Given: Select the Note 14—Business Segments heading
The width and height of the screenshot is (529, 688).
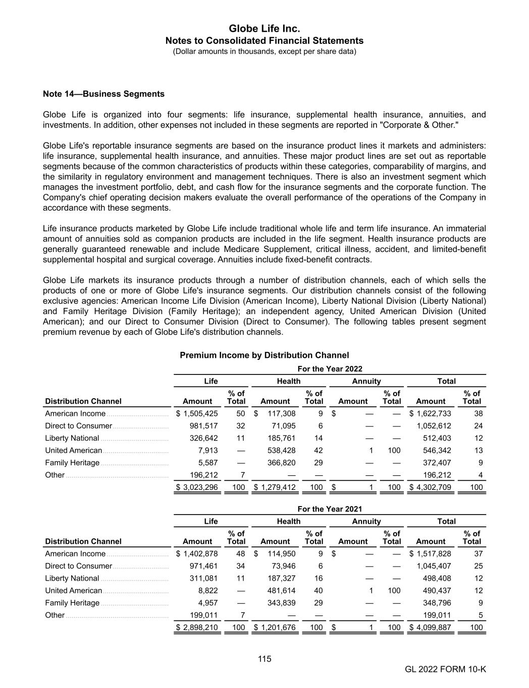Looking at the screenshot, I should click(103, 94).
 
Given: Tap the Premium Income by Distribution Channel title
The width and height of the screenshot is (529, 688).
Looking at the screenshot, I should click(264, 355).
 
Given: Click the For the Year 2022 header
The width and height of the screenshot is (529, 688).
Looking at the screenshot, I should click(330, 369).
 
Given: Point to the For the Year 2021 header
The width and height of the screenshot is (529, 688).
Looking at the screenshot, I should click(330, 509).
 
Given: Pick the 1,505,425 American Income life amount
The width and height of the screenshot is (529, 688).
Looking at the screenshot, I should click(200, 414).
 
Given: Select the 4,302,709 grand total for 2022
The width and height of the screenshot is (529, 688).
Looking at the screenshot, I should click(433, 487).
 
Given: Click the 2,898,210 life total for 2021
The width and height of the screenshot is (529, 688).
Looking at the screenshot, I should click(200, 628).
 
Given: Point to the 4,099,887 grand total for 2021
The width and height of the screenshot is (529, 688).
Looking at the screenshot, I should click(433, 628).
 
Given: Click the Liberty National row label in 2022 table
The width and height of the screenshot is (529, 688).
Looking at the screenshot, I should click(72, 439).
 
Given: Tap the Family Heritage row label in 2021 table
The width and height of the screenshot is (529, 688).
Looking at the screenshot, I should click(72, 603).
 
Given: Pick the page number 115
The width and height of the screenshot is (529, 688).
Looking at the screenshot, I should click(264, 659).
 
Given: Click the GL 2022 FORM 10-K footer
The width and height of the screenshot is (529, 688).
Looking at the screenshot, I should click(445, 669).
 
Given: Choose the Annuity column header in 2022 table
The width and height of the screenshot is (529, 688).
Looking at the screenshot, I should click(366, 382).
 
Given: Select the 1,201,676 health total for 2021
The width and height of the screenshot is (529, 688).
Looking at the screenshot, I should click(278, 628).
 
